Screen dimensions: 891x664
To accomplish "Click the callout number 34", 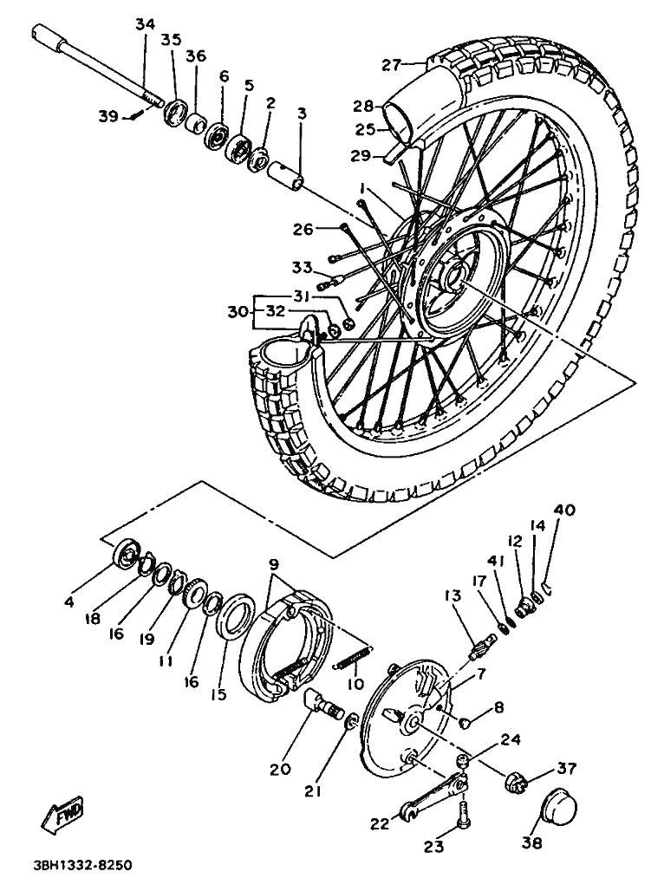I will tap(145, 24).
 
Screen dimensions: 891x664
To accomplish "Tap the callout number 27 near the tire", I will tap(392, 64).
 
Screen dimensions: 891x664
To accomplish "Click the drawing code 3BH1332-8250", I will tap(84, 866).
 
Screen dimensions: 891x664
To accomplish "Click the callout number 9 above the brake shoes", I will tap(274, 563).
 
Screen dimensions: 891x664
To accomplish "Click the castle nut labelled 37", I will tap(518, 784).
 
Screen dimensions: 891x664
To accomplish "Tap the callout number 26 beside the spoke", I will tap(302, 230).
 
